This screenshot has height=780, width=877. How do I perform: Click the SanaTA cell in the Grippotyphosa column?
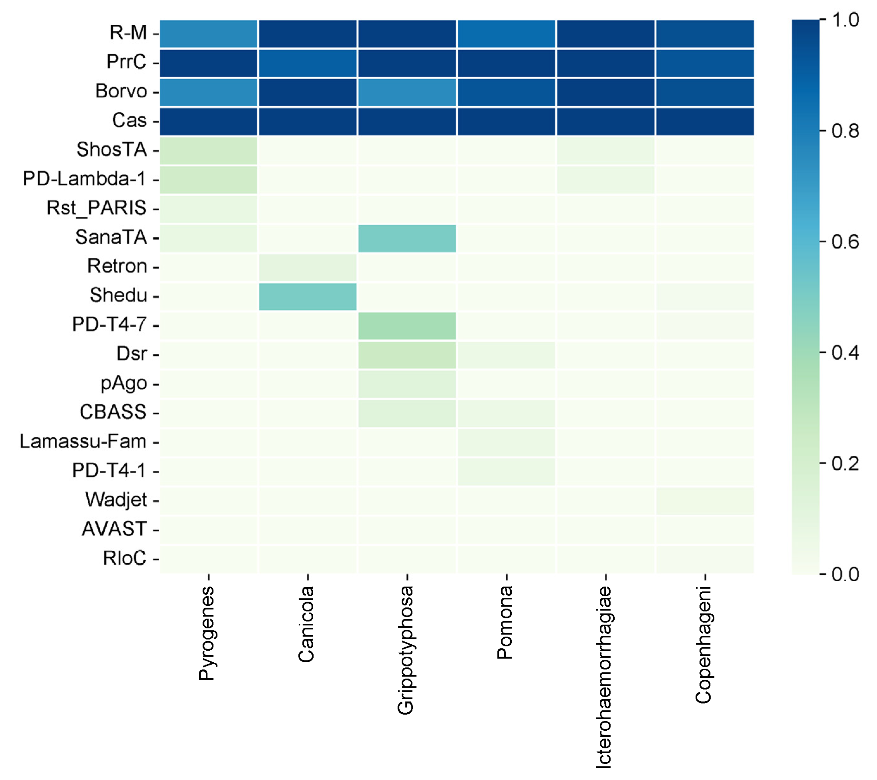[x=407, y=238]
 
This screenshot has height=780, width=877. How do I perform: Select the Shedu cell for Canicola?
[x=308, y=297]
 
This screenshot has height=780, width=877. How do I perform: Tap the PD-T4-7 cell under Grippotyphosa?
[x=407, y=326]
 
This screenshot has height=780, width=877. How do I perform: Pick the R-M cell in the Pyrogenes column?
[x=209, y=34]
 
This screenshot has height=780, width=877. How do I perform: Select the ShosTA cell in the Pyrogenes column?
[x=209, y=151]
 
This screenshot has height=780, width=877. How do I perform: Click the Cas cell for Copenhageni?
[x=705, y=121]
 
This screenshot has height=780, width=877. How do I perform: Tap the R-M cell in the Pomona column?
[x=506, y=34]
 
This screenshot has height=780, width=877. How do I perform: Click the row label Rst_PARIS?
[x=96, y=208]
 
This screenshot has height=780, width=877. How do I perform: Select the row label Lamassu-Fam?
[x=83, y=442]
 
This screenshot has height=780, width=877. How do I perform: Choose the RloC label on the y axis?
[x=124, y=558]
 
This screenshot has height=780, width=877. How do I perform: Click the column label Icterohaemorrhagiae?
[x=604, y=678]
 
